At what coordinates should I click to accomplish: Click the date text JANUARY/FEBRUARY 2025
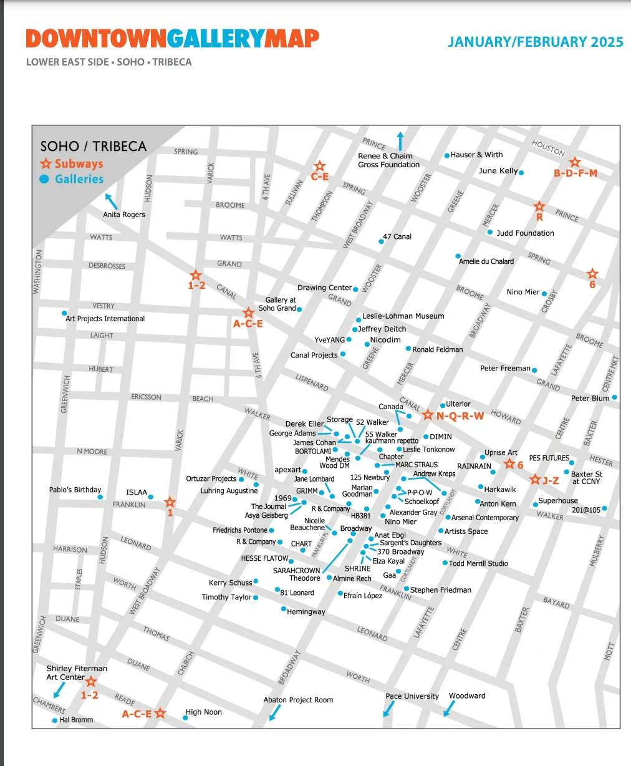pyautogui.click(x=535, y=42)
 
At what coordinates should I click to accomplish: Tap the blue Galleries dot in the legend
pyautogui.click(x=44, y=179)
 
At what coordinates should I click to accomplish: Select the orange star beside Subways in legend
pyautogui.click(x=46, y=164)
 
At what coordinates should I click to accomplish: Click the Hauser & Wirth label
pyautogui.click(x=476, y=155)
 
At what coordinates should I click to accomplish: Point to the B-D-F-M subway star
pyautogui.click(x=575, y=162)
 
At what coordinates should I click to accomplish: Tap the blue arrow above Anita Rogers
pyautogui.click(x=111, y=201)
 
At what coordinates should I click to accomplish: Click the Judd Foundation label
pyautogui.click(x=525, y=233)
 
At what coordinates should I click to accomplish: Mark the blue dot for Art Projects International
pyautogui.click(x=64, y=313)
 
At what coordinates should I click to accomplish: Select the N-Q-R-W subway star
pyautogui.click(x=428, y=415)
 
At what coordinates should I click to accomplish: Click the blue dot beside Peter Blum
pyautogui.click(x=614, y=397)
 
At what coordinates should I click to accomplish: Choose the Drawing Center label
pyautogui.click(x=324, y=288)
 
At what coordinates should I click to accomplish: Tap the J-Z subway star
pyautogui.click(x=534, y=480)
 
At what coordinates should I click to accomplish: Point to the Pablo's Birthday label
pyautogui.click(x=75, y=490)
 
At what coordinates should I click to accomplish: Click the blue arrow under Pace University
pyautogui.click(x=388, y=709)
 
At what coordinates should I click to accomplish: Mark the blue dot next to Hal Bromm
pyautogui.click(x=55, y=720)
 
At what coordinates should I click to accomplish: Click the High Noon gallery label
pyautogui.click(x=203, y=712)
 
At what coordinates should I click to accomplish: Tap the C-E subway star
pyautogui.click(x=320, y=166)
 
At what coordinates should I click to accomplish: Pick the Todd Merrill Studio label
pyautogui.click(x=478, y=563)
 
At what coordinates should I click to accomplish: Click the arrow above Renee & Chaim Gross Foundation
pyautogui.click(x=400, y=140)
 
